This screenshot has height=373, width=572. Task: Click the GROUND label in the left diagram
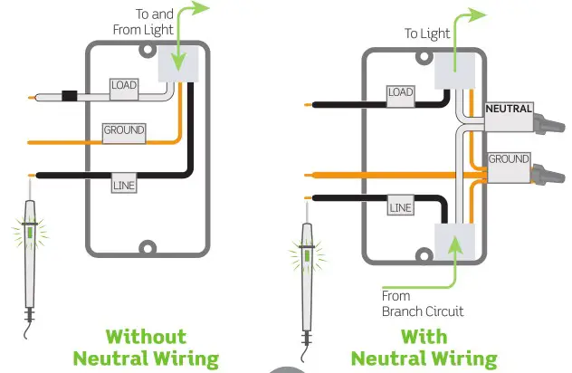[x=124, y=130]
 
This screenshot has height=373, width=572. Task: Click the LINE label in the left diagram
[x=123, y=185]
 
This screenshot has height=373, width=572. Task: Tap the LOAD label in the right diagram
[x=399, y=91]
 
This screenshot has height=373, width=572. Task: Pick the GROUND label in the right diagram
[x=509, y=159]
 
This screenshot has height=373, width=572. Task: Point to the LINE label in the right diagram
[x=399, y=208]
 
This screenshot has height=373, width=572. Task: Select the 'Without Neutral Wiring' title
[x=147, y=348]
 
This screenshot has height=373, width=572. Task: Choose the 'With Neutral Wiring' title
[x=424, y=348]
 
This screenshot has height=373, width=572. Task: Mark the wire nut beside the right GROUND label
[x=547, y=171]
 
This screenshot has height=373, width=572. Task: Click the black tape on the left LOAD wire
[x=68, y=94]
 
